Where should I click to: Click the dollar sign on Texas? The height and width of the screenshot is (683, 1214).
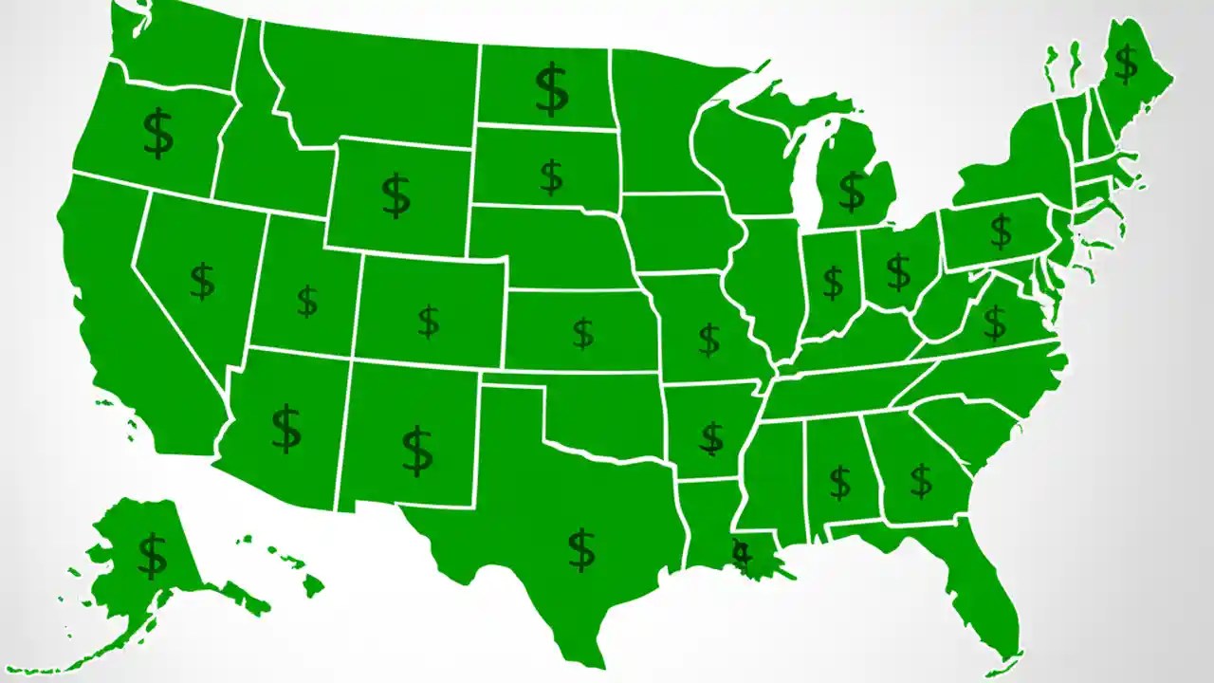click(x=581, y=550)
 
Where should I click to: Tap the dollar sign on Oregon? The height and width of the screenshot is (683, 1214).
click(x=158, y=134)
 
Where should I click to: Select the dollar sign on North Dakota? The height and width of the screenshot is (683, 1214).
click(x=551, y=89)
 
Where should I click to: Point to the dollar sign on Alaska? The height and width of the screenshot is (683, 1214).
click(x=152, y=556)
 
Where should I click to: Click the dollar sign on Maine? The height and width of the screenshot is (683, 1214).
click(x=1126, y=65)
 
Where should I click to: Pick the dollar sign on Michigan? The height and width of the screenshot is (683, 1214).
click(x=852, y=192)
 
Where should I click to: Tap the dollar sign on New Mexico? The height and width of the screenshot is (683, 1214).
click(x=417, y=452)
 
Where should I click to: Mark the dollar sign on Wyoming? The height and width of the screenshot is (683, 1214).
click(x=396, y=195)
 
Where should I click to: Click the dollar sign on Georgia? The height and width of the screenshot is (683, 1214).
click(x=921, y=481)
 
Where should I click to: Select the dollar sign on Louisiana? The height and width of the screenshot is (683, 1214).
click(x=742, y=554)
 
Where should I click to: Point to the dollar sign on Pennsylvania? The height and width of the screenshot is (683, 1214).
click(x=1001, y=230)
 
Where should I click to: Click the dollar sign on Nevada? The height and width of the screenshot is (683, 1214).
click(x=202, y=282)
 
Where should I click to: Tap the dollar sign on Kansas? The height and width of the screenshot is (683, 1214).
click(x=583, y=334)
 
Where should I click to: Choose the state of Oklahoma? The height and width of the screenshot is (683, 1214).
click(x=607, y=408)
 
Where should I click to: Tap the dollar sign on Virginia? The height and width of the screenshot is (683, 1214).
click(x=995, y=323)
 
